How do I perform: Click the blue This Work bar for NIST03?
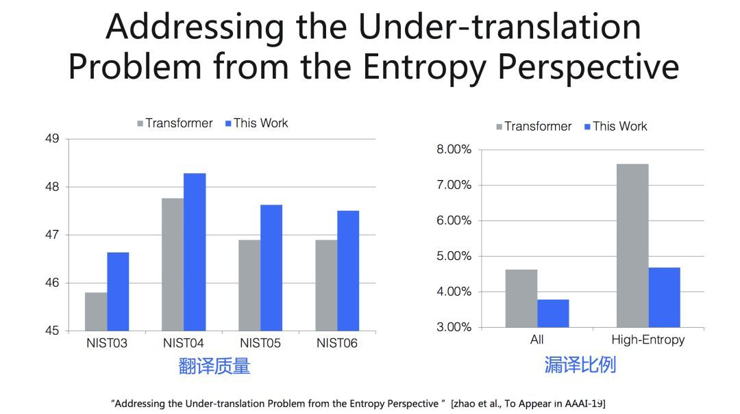click(118, 292)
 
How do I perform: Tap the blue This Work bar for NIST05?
click(271, 268)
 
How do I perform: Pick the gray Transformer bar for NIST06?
click(326, 285)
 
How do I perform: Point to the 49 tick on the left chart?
click(53, 139)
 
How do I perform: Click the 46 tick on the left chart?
click(53, 283)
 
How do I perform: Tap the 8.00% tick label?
click(454, 150)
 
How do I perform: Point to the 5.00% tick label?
click(454, 256)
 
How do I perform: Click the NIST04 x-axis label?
click(184, 343)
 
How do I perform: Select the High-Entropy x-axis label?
click(647, 339)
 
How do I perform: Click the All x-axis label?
click(536, 339)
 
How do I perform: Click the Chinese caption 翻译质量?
click(214, 366)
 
